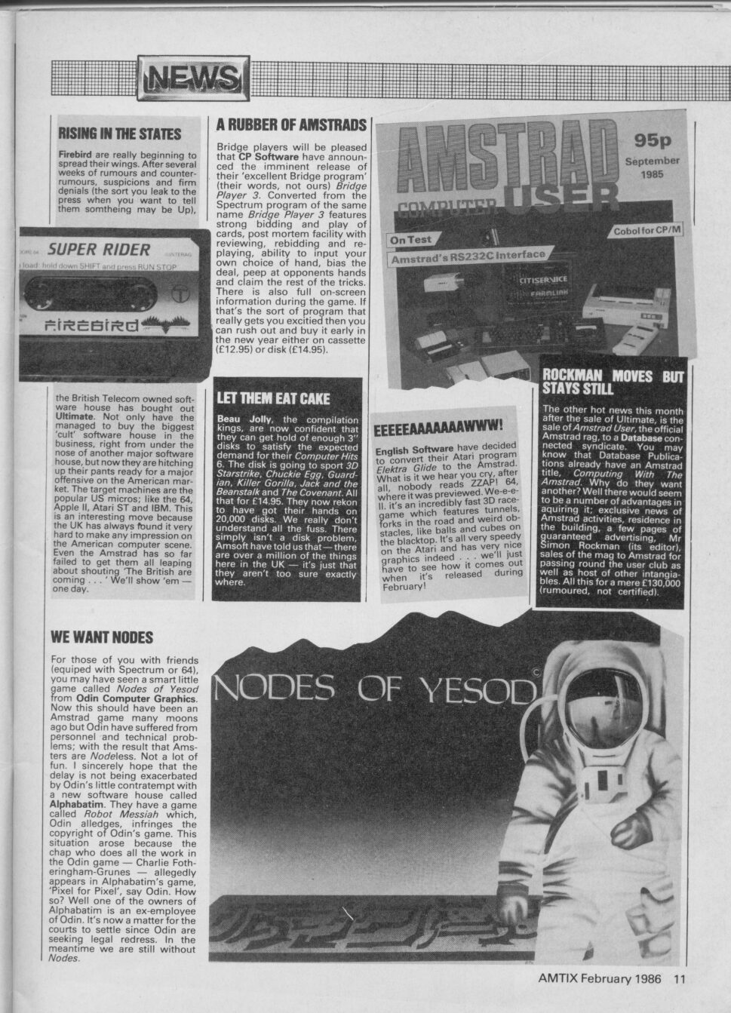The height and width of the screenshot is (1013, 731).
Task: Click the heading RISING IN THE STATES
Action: (119, 134)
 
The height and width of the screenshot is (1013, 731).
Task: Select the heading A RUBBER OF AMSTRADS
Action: (290, 124)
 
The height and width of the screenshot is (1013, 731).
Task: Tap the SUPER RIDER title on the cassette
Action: (99, 248)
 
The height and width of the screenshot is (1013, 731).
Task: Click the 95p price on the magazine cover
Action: (652, 141)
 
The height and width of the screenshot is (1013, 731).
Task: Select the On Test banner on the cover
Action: (410, 240)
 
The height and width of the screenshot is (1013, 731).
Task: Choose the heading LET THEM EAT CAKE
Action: (273, 398)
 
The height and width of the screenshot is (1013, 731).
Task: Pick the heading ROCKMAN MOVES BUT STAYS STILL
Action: (613, 382)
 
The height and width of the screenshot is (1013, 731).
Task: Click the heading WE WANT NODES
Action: (102, 637)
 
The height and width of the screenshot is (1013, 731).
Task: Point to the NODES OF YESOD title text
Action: (374, 688)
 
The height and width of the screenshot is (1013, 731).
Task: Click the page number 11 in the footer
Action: (679, 979)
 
